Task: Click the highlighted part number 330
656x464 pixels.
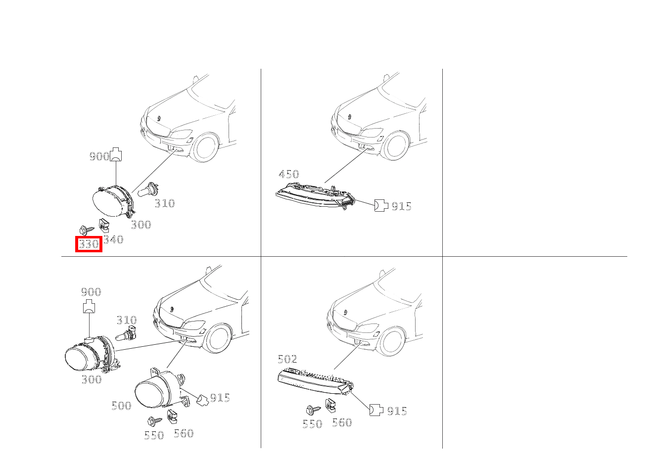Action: (89, 244)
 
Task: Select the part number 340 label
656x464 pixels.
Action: (113, 239)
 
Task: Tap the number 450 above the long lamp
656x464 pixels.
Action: (289, 174)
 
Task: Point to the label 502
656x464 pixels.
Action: (287, 359)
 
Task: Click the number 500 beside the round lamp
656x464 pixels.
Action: (121, 406)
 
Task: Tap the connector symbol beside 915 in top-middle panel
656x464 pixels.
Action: (381, 205)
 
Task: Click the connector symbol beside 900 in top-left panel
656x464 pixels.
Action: (116, 154)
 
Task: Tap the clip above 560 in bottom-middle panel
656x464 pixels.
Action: (330, 406)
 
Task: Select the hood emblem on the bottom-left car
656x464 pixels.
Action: (172, 309)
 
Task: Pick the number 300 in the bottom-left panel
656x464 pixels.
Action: (92, 379)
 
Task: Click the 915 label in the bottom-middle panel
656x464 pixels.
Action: (397, 411)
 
